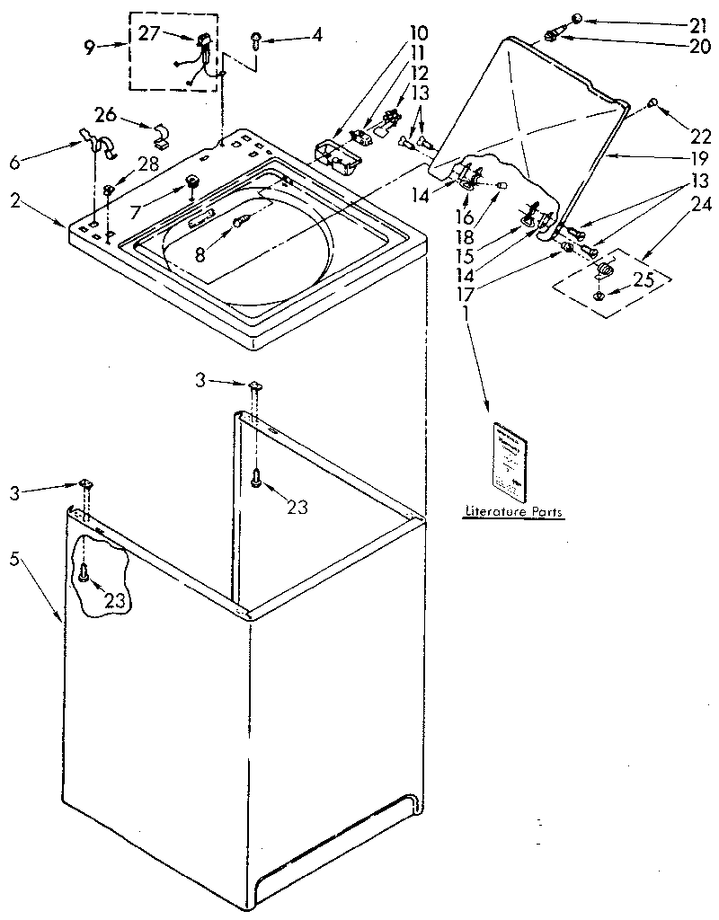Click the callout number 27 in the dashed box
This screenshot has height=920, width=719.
pos(150,33)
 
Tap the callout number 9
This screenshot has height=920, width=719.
pos(89,49)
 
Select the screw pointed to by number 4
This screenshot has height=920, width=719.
pos(256,39)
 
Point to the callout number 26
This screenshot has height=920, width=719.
pos(106,114)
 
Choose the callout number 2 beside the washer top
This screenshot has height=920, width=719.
pos(15,201)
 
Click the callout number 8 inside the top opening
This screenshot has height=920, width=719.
pos(200,254)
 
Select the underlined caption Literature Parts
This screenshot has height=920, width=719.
pos(513,512)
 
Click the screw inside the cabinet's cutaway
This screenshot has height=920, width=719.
pos(84,571)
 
